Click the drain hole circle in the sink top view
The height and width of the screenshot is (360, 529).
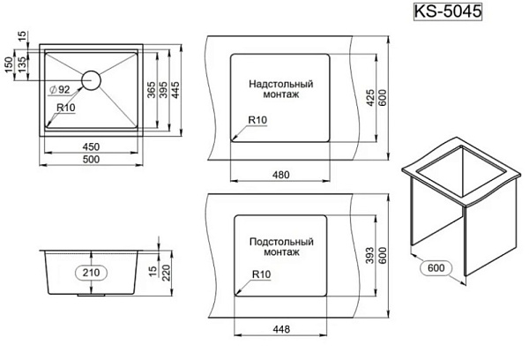(91, 79)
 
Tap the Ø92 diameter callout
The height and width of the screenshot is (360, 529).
(61, 90)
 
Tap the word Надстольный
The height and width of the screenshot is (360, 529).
(281, 83)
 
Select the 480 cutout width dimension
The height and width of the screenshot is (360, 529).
(280, 175)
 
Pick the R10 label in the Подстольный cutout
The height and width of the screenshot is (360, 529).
(261, 274)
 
